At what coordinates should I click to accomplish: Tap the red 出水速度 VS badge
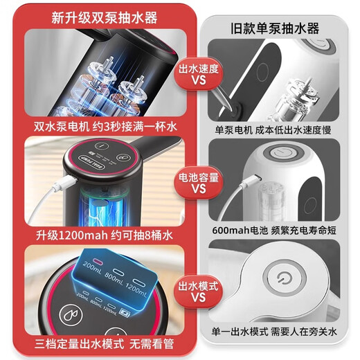coord(197,75)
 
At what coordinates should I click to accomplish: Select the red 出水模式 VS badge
coord(197,290)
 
